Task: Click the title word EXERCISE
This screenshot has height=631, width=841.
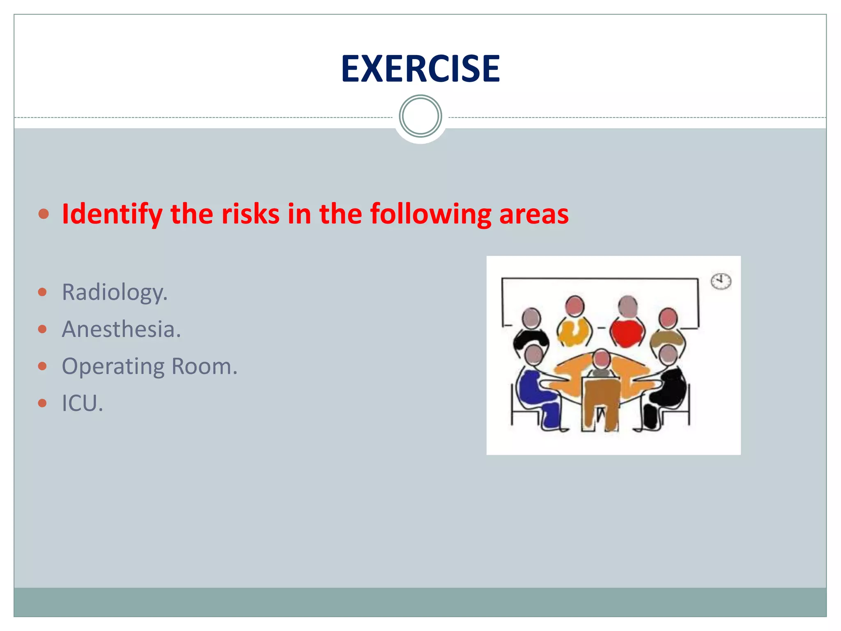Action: tap(420, 69)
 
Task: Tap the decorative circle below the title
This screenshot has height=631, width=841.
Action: tap(420, 116)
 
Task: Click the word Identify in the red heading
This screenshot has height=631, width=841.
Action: tap(112, 214)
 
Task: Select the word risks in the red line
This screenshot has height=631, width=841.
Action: tap(250, 214)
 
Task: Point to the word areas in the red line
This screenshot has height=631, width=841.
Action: tap(533, 214)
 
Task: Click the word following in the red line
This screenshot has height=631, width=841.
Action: tap(430, 214)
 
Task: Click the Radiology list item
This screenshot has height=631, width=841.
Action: tap(115, 292)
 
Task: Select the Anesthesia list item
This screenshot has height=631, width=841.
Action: tap(121, 329)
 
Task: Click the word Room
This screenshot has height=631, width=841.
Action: tap(204, 366)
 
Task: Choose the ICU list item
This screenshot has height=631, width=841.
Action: tap(82, 403)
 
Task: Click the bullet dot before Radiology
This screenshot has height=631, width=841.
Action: tap(42, 292)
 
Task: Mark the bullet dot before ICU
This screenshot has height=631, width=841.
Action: tap(42, 403)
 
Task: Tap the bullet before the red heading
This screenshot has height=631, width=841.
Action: tap(44, 214)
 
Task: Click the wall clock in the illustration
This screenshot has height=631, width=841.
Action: tap(721, 281)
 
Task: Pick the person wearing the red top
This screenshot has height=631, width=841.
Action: tap(627, 329)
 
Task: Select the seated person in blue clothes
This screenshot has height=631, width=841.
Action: tap(536, 390)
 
